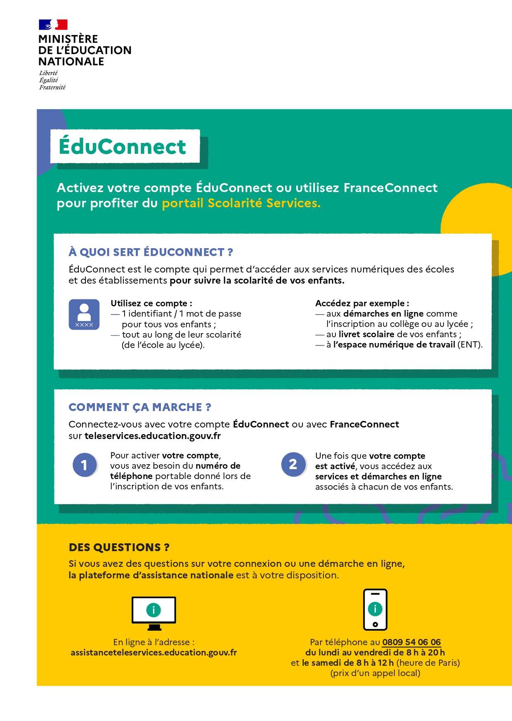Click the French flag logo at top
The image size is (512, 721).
(x=53, y=25)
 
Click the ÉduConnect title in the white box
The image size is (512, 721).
(x=123, y=147)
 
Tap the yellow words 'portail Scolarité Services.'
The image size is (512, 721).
(x=241, y=203)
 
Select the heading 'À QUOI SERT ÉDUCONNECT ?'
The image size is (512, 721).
(x=151, y=252)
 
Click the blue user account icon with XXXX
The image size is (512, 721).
(x=84, y=315)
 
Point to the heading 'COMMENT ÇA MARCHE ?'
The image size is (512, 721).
(x=140, y=407)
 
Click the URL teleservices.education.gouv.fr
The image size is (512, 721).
(x=153, y=436)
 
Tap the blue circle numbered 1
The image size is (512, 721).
(x=85, y=465)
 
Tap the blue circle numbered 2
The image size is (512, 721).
(x=293, y=465)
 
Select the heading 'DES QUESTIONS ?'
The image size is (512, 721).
(x=119, y=547)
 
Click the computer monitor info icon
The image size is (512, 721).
(x=154, y=612)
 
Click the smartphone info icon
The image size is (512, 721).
(x=375, y=609)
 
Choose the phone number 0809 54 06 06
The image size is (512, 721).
(x=411, y=642)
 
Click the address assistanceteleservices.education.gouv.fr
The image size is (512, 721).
(x=154, y=653)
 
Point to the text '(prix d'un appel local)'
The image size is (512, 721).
(x=375, y=673)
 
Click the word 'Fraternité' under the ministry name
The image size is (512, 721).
(x=52, y=87)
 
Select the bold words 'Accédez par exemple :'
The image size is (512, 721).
(x=362, y=303)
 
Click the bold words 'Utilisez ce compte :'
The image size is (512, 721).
(x=151, y=303)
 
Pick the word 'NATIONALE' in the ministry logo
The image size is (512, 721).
(x=71, y=61)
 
